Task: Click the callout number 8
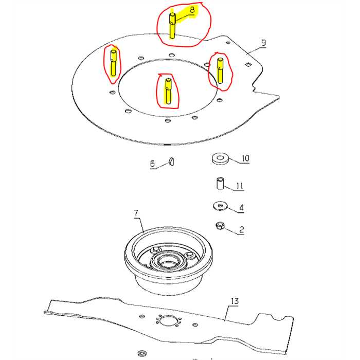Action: [x=192, y=9]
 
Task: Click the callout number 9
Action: [x=263, y=43]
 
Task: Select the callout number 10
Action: [x=245, y=158]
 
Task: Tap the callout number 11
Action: [x=240, y=186]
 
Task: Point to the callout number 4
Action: [x=241, y=208]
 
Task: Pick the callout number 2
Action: [x=241, y=230]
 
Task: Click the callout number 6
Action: [x=152, y=164]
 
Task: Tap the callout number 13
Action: [x=235, y=301]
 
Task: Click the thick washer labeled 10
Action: [x=220, y=157]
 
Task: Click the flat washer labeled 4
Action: [x=220, y=206]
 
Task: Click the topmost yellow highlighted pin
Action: [x=172, y=26]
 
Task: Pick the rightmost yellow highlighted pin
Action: [x=220, y=70]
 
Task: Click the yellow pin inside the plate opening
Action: [x=167, y=90]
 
